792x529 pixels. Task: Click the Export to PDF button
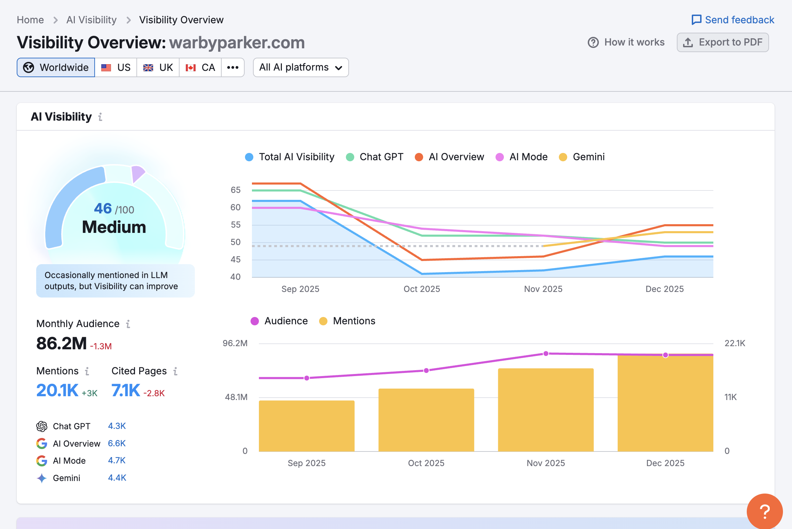coord(722,42)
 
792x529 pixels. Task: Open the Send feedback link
coord(733,20)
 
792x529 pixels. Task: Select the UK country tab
coord(158,67)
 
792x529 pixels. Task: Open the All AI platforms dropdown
coord(301,67)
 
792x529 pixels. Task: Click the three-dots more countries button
coord(232,67)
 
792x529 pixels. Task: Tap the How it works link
coord(626,42)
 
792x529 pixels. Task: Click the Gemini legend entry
coord(582,157)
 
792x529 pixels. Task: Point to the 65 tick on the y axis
coord(236,190)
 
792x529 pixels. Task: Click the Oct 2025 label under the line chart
coord(421,289)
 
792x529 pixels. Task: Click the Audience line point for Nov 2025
coord(546,353)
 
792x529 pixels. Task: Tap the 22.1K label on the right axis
coord(735,343)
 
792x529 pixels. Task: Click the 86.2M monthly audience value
coord(61,343)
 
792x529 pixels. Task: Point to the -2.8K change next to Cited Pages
coord(154,393)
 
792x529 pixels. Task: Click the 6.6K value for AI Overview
coord(117,443)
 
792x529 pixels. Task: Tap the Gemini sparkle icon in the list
coord(42,478)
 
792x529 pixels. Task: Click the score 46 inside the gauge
coord(103,209)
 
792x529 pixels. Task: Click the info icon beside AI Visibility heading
coord(100,117)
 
